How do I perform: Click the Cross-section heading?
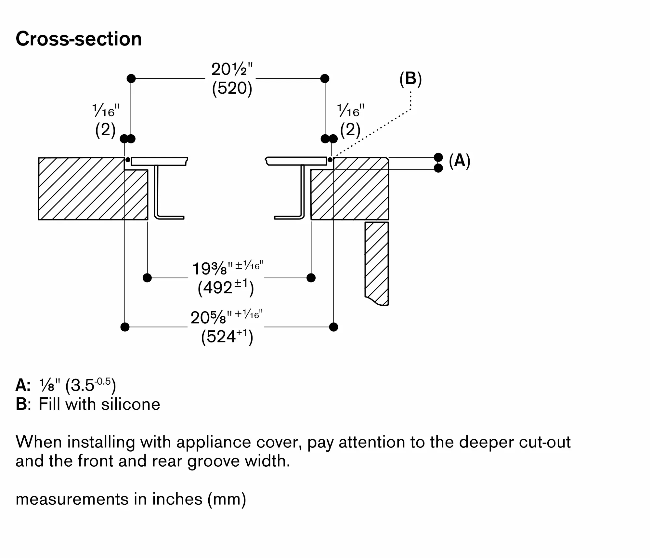pyautogui.click(x=79, y=39)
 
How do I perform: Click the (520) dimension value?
pyautogui.click(x=232, y=88)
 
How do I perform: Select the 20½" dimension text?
pyautogui.click(x=232, y=69)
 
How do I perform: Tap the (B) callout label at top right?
pyautogui.click(x=410, y=79)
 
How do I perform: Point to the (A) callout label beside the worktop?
pyautogui.click(x=459, y=161)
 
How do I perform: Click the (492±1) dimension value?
pyautogui.click(x=226, y=288)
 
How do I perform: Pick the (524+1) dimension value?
pyautogui.click(x=227, y=337)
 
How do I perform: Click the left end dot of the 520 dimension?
pyautogui.click(x=131, y=78)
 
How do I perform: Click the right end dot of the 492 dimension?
pyautogui.click(x=311, y=278)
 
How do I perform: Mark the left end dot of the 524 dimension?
pyautogui.click(x=125, y=327)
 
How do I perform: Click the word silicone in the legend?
pyautogui.click(x=131, y=405)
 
